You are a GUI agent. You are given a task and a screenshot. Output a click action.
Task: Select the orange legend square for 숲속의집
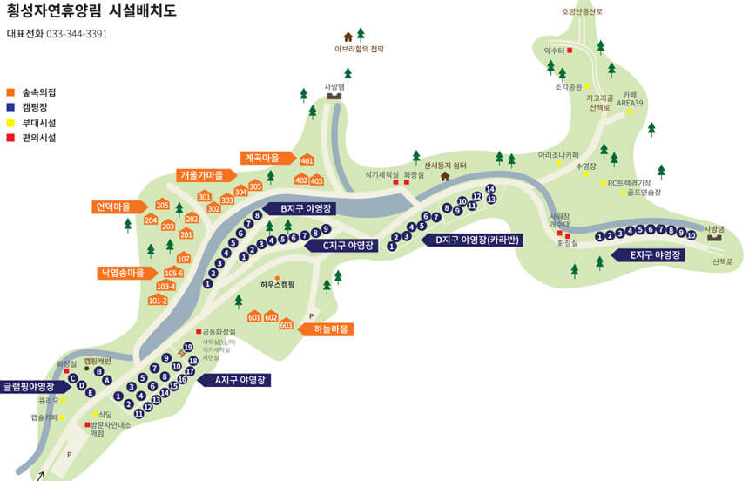11,91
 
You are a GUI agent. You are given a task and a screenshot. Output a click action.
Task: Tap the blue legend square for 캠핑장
11,106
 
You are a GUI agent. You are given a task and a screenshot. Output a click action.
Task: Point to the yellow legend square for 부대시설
11,122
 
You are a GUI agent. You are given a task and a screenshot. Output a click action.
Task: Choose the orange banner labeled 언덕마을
120,207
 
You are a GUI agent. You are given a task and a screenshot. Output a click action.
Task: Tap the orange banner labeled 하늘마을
327,329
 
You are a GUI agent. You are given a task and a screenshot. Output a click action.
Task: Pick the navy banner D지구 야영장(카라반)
473,240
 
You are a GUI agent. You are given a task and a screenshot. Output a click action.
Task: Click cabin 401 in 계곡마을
307,160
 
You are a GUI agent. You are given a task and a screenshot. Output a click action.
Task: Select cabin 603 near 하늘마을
286,324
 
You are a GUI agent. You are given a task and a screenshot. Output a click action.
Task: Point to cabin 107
183,258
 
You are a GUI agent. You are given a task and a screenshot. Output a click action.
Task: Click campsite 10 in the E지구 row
691,235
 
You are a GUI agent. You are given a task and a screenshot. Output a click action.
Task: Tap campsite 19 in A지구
187,347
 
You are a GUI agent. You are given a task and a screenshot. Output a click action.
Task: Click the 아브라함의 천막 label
360,50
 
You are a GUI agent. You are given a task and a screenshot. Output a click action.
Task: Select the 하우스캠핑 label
277,285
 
